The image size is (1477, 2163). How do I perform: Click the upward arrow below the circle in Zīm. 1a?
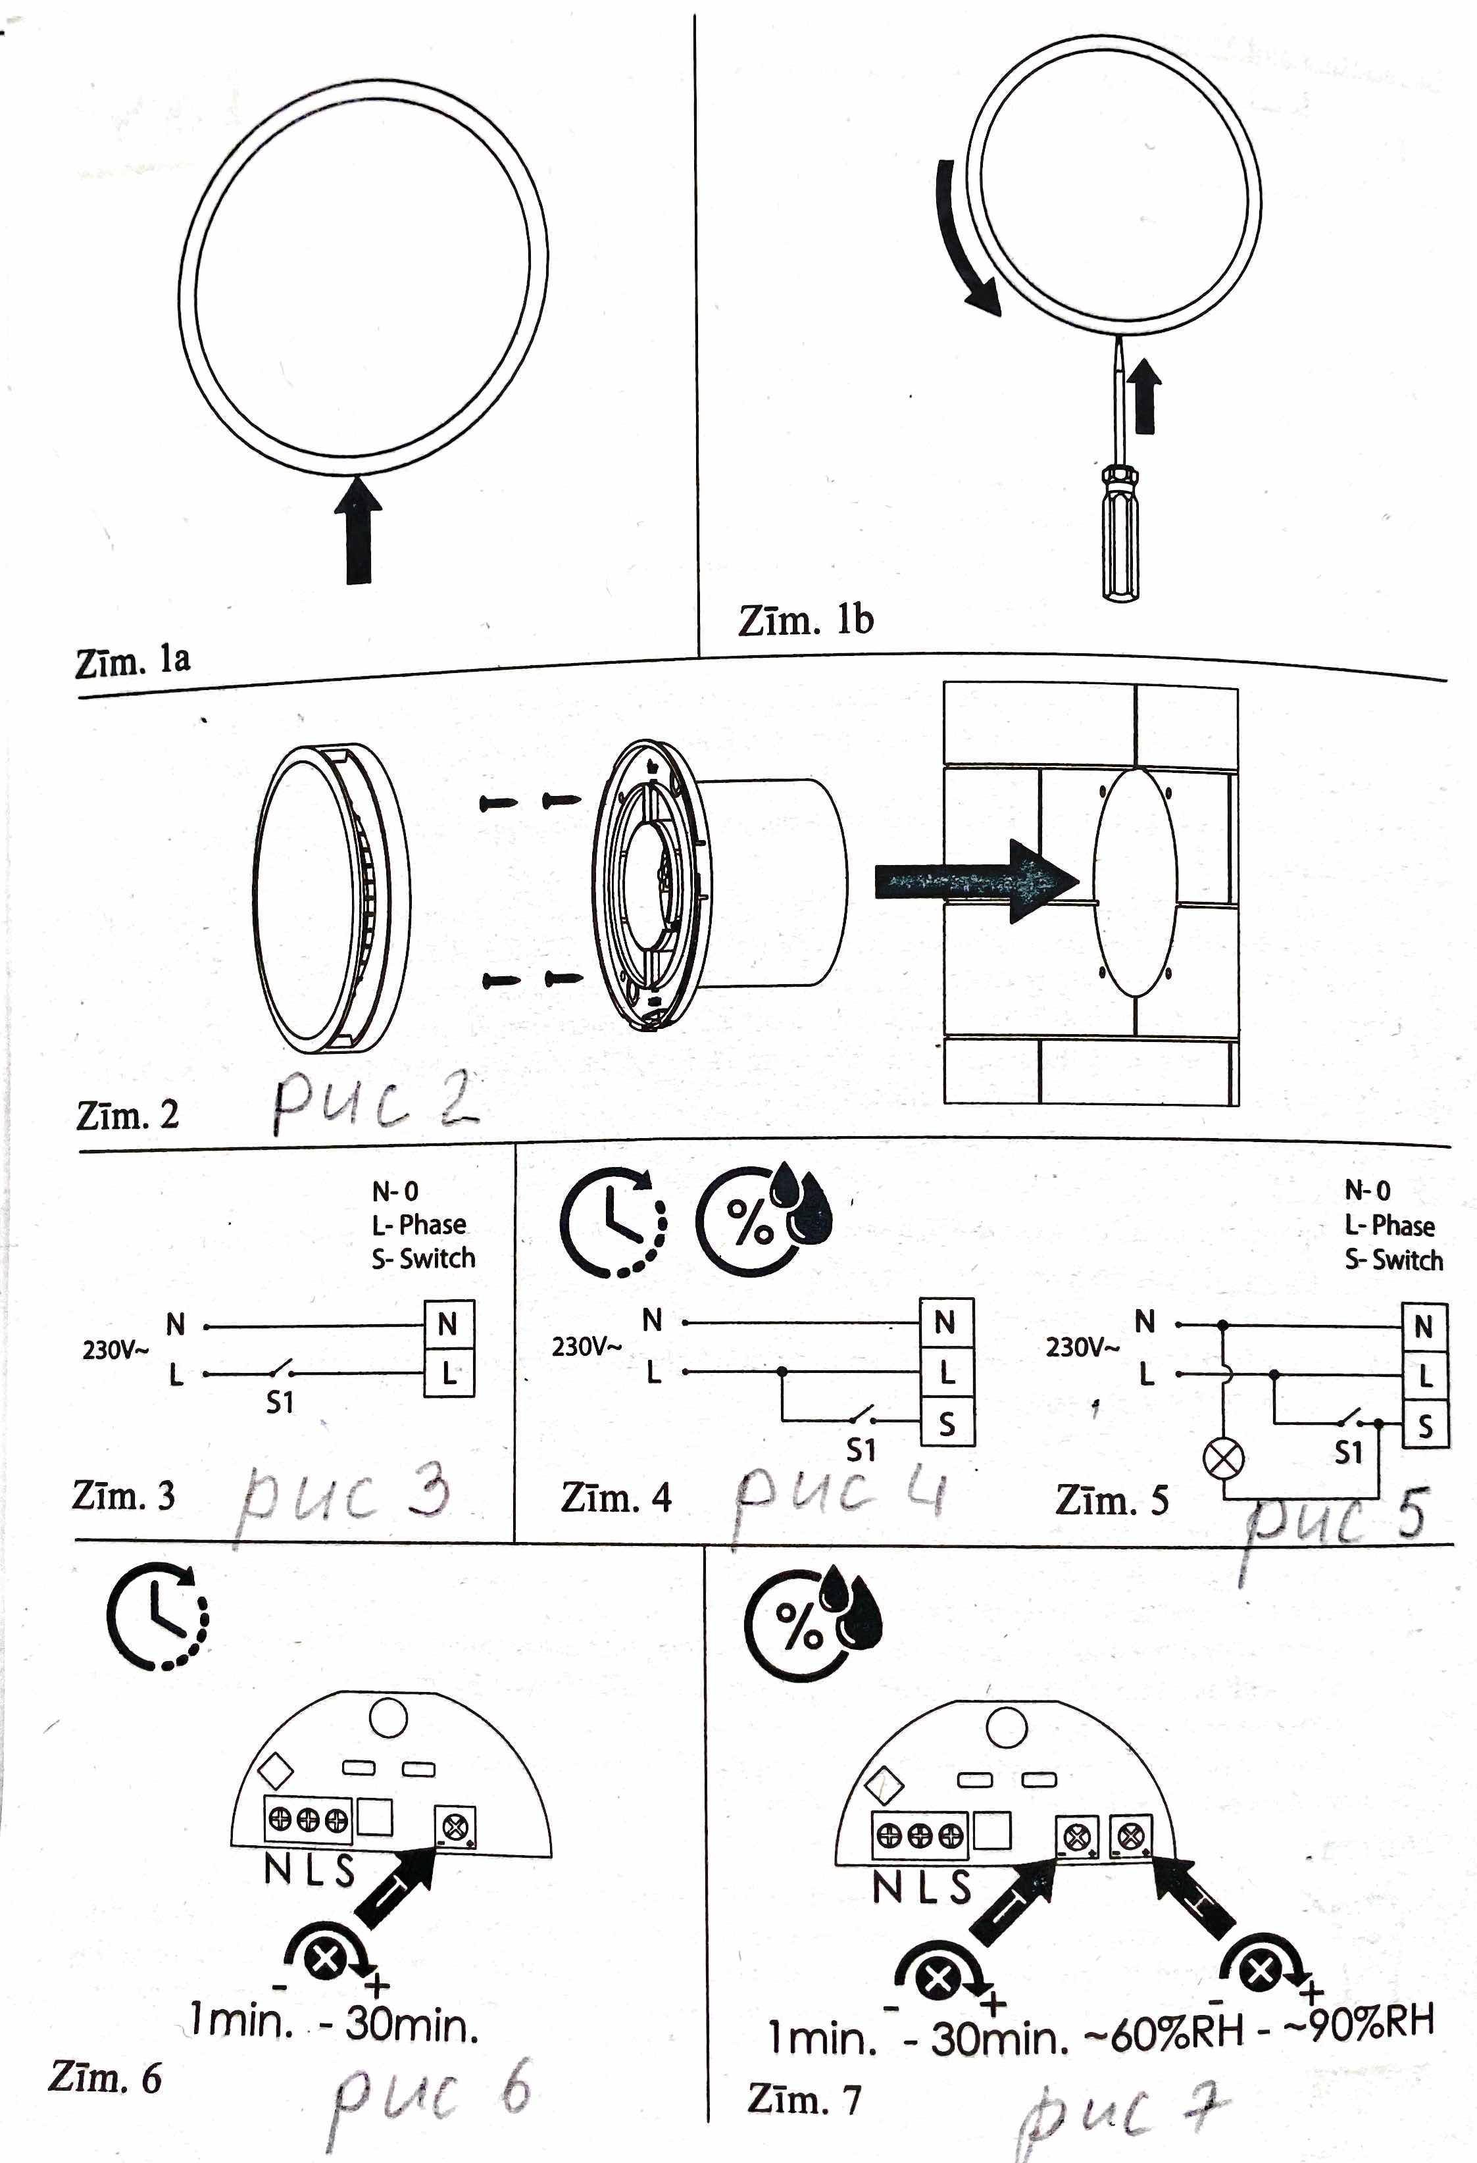click(x=359, y=530)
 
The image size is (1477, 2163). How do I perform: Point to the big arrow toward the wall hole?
click(x=976, y=882)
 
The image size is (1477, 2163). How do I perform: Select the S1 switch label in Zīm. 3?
click(x=280, y=1402)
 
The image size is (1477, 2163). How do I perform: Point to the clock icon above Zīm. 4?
click(x=613, y=1222)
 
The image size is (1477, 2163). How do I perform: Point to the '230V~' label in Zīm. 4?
click(x=586, y=1347)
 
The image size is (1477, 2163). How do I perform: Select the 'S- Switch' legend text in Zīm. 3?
click(x=424, y=1258)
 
